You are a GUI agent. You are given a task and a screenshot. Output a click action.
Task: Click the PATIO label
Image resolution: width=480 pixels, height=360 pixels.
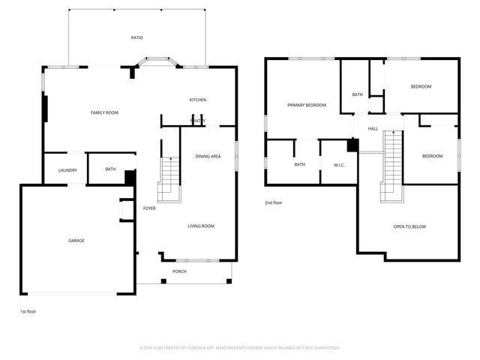(136, 37)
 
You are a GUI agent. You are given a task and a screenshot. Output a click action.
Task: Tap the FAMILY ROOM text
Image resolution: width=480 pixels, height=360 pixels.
(104, 112)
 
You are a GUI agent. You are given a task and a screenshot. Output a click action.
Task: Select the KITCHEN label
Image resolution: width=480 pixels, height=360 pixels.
(197, 100)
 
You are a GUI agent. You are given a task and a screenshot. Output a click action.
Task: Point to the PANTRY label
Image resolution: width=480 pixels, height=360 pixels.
(197, 120)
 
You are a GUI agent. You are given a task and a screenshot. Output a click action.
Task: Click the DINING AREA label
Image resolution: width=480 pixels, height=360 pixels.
(208, 156)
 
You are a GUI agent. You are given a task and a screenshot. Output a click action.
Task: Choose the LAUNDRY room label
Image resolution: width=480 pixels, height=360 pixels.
(67, 170)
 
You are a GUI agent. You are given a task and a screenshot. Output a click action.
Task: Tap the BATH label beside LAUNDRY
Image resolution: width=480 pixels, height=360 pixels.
(110, 169)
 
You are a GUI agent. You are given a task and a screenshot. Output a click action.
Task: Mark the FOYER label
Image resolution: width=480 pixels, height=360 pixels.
(149, 208)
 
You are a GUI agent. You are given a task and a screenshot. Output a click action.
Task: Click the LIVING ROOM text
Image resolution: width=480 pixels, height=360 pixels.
(201, 226)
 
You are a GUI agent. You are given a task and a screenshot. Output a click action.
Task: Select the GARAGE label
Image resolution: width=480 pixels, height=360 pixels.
(76, 241)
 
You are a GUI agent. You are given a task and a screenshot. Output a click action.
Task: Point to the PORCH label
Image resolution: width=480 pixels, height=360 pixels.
(179, 271)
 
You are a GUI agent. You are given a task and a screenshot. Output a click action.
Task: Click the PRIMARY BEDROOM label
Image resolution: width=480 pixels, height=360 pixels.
(307, 105)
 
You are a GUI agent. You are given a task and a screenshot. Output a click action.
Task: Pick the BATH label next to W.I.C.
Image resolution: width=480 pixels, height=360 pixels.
(299, 164)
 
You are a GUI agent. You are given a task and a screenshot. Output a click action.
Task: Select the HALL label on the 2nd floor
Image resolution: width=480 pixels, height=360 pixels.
(373, 129)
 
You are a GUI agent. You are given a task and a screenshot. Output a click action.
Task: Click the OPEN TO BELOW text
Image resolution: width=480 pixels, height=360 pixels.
(409, 226)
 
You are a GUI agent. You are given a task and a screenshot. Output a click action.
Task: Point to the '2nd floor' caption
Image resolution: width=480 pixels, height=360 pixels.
(274, 202)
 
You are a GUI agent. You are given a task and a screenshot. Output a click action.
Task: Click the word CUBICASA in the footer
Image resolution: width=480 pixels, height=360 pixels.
(214, 348)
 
